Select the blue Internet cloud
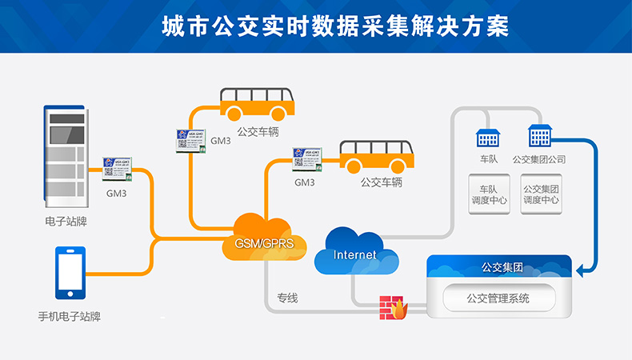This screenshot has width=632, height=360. pyautogui.click(x=354, y=254)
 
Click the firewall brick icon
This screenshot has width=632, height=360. pyautogui.click(x=392, y=307)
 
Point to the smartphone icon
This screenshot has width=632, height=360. pyautogui.click(x=70, y=273)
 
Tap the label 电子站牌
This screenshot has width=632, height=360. pyautogui.click(x=66, y=222)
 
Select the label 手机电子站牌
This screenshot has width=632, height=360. pyautogui.click(x=70, y=316)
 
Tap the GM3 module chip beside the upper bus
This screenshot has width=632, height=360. pyautogui.click(x=191, y=140)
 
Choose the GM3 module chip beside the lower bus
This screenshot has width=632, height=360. pyautogui.click(x=307, y=159)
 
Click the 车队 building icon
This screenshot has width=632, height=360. pyautogui.click(x=488, y=138)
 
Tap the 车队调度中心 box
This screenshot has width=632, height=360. pyautogui.click(x=488, y=194)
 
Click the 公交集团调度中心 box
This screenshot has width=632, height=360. pyautogui.click(x=542, y=194)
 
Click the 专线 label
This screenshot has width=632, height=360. pyautogui.click(x=287, y=298)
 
